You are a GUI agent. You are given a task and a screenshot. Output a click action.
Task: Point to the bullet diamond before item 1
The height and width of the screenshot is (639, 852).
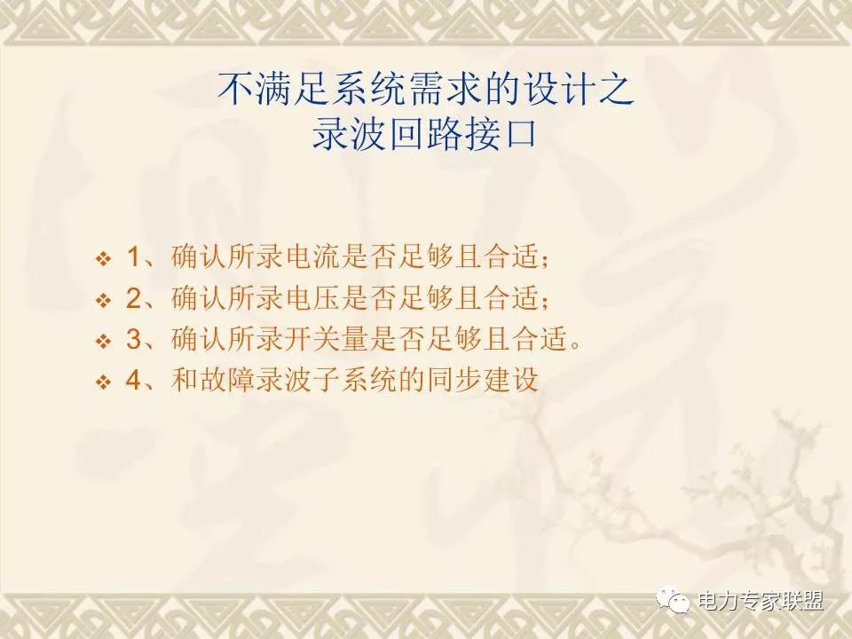tap(103, 259)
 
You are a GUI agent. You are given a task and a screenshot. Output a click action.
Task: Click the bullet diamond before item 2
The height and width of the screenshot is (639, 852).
tap(103, 301)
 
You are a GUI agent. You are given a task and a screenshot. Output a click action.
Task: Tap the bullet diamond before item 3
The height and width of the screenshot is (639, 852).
tap(103, 342)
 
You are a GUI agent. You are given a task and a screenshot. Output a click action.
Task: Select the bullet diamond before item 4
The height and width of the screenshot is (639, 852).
tap(103, 383)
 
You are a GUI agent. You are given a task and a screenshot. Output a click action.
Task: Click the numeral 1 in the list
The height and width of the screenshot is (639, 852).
tap(133, 256)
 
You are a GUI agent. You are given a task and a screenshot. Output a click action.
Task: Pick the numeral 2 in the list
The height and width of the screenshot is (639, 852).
tap(134, 298)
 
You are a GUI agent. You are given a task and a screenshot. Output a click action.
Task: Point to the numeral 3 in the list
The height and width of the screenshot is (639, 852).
tap(134, 339)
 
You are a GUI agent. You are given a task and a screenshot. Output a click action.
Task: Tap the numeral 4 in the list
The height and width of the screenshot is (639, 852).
tap(134, 380)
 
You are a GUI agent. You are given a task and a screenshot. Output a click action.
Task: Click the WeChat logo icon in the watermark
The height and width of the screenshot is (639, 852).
tap(674, 600)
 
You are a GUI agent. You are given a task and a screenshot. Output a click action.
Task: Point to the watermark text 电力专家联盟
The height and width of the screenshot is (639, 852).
tap(761, 601)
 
